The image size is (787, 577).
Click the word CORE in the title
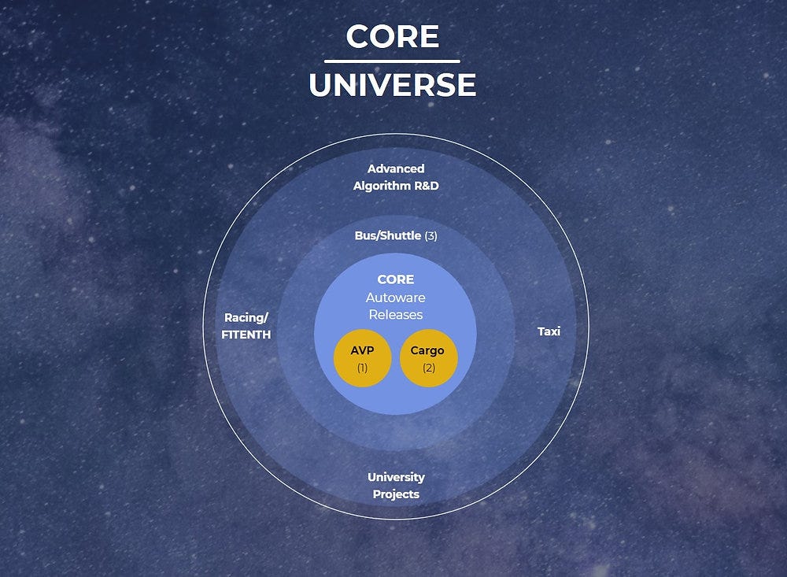click(392, 36)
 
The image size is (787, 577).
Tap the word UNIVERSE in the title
click(392, 85)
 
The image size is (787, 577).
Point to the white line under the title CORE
click(392, 61)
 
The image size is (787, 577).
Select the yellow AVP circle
click(362, 359)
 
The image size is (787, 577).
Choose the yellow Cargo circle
click(428, 359)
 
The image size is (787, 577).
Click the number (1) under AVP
click(362, 368)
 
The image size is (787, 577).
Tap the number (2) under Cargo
click(428, 368)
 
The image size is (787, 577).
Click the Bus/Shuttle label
click(388, 235)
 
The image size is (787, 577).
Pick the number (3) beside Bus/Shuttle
click(430, 235)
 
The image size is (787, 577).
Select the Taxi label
click(549, 331)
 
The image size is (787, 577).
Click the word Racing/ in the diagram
click(246, 318)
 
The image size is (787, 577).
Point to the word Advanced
click(396, 168)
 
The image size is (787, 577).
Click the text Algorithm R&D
click(396, 186)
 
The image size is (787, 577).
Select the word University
click(396, 477)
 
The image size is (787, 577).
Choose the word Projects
click(396, 494)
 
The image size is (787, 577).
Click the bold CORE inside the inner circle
click(395, 279)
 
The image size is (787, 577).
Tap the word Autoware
click(395, 298)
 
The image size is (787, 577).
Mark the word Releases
click(395, 315)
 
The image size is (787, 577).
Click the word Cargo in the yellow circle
click(427, 350)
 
